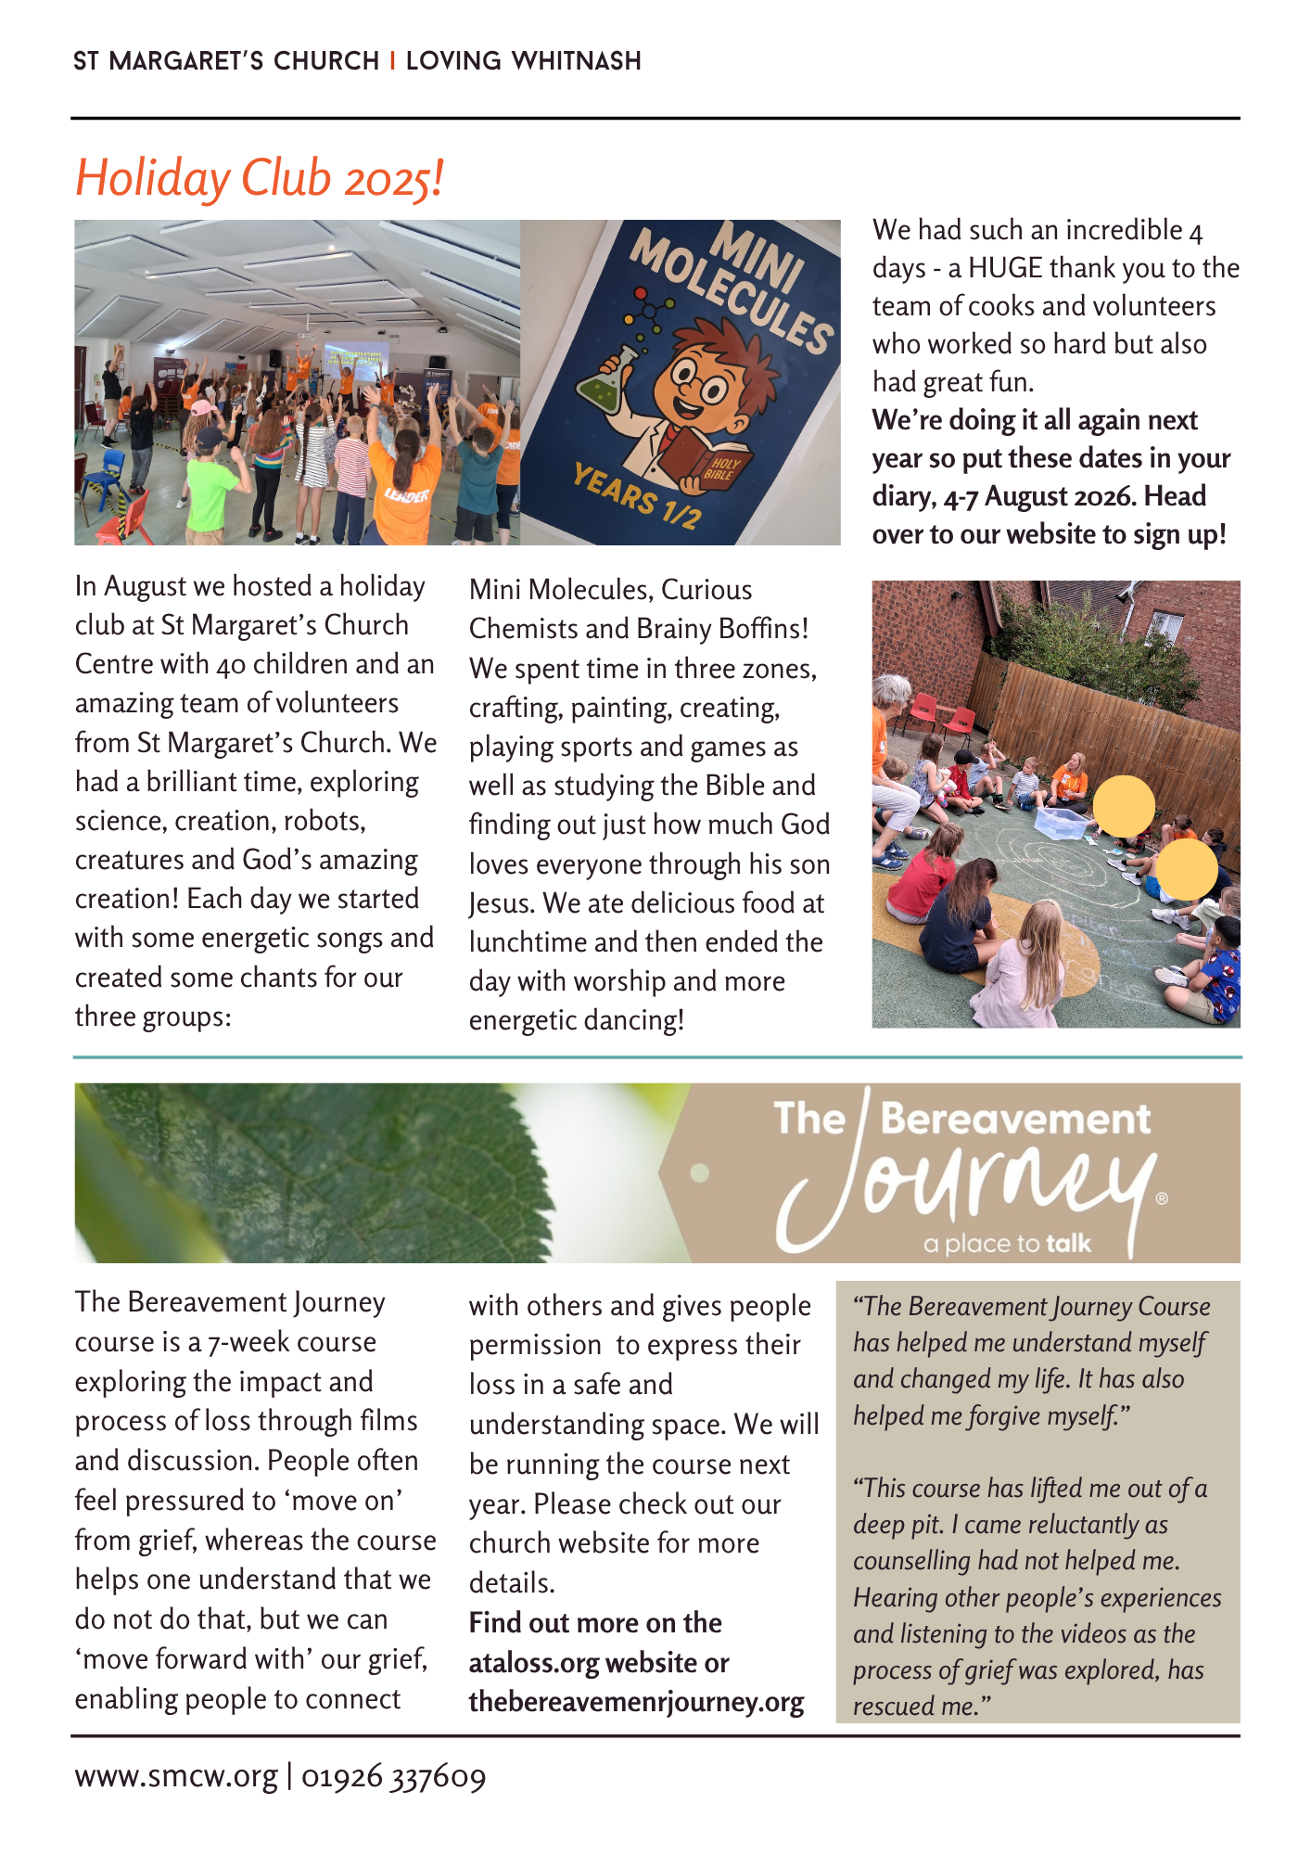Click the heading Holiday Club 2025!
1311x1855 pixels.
tap(260, 178)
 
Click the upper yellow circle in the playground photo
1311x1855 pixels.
tap(1124, 806)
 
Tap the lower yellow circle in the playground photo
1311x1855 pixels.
tap(1186, 869)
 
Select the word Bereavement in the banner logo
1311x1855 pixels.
tap(1015, 1119)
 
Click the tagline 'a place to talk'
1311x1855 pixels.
tap(1007, 1244)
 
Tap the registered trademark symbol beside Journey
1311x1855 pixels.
tap(1162, 1198)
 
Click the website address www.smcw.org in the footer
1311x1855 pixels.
tap(176, 1776)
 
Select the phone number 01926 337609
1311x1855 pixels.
tap(393, 1776)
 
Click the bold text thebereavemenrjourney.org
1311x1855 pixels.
tap(636, 1702)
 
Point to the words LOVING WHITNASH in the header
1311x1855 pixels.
tap(524, 61)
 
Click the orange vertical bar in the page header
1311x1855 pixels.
tap(393, 61)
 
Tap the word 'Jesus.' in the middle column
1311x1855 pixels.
tap(502, 903)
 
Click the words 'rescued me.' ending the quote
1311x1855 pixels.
tap(922, 1707)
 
